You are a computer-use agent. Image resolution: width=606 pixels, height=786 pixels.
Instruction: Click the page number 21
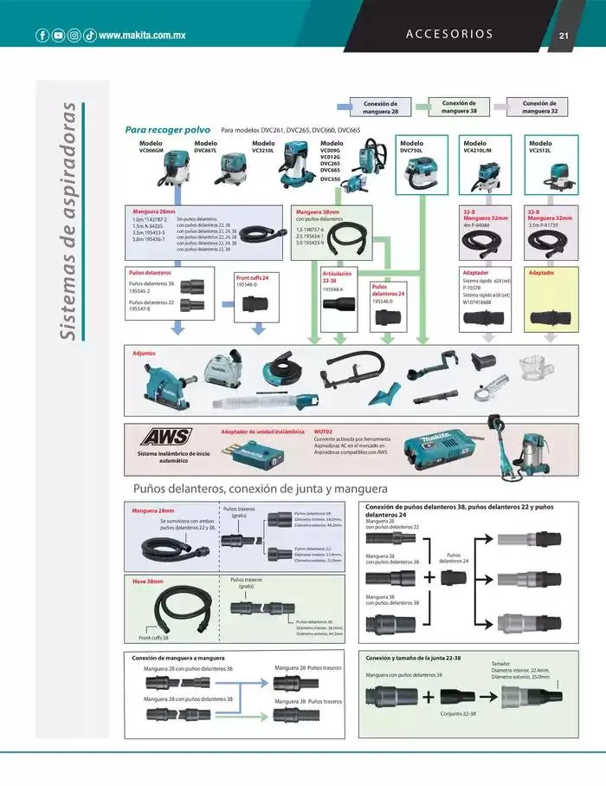point(563,36)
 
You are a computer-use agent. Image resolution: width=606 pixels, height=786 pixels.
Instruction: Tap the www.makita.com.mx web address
point(143,36)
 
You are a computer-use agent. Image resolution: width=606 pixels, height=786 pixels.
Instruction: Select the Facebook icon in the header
point(42,36)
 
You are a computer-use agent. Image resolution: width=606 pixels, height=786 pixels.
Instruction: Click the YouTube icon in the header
point(58,36)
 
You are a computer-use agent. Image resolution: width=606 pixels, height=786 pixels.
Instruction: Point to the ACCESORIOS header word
point(448,35)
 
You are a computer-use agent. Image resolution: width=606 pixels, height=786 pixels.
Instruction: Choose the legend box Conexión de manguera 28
point(381,107)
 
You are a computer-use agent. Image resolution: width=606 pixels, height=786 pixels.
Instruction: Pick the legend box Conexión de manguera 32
point(540,107)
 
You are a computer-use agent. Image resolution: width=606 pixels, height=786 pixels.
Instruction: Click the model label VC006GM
point(151,150)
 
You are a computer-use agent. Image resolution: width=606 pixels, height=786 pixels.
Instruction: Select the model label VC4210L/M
point(477,150)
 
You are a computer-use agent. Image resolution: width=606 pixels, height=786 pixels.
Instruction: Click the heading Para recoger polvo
point(161,129)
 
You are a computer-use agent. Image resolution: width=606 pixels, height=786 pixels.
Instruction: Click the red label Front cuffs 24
point(253,277)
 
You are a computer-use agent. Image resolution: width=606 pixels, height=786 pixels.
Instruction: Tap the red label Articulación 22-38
point(336,276)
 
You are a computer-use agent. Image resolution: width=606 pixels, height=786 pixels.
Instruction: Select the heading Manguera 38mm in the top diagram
point(318,211)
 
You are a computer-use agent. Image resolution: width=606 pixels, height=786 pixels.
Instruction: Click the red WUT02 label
point(323,431)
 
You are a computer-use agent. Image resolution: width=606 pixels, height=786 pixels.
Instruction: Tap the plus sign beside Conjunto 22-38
point(429,697)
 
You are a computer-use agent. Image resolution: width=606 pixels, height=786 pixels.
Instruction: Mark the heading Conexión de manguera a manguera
point(178,658)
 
